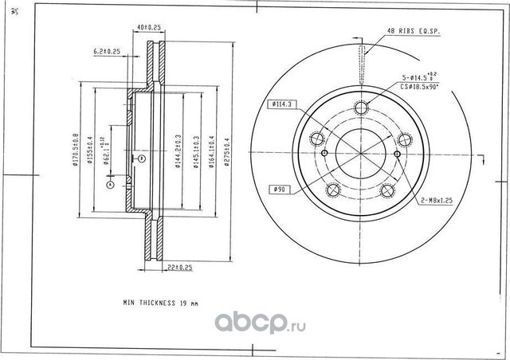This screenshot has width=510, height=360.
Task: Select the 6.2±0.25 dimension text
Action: point(107,51)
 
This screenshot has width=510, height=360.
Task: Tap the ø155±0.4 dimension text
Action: point(89,151)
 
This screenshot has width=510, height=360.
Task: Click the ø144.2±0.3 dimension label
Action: point(176,151)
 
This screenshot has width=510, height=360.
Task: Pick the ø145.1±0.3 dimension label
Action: point(194,151)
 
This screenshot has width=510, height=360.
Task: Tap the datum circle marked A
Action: point(110,184)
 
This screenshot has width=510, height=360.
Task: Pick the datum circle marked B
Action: point(142,158)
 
